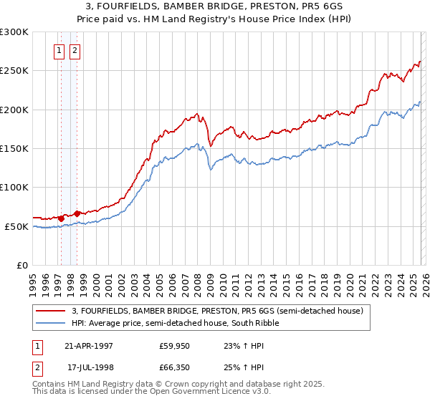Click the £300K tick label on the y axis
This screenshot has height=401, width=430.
pos(14,32)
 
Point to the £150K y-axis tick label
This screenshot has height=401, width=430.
pos(14,149)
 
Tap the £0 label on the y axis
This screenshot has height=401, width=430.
pos(23,266)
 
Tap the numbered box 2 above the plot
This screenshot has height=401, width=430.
pos(75,50)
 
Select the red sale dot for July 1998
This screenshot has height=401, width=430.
pos(77,213)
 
